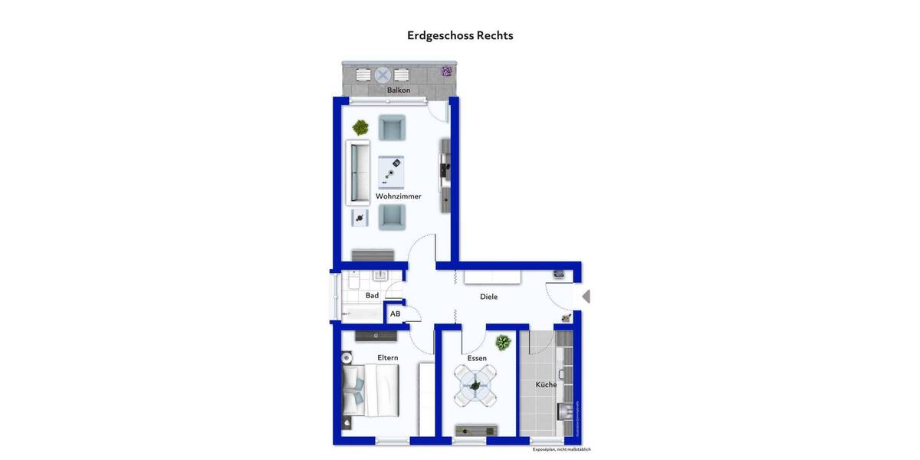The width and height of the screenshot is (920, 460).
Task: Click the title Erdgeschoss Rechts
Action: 460,35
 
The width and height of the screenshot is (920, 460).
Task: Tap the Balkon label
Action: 398,90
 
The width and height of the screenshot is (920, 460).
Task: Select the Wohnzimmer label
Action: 398,196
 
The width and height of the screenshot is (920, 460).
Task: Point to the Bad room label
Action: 372,295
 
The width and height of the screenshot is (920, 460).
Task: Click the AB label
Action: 396,314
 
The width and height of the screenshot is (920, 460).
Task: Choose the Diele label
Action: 488,297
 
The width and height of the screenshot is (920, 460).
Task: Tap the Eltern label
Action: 387,357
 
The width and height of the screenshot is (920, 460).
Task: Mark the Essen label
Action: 477,358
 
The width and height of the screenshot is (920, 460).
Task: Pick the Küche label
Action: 546,385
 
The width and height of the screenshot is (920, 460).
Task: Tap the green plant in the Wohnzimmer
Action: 360,127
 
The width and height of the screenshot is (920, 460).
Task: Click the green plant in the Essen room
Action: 503,342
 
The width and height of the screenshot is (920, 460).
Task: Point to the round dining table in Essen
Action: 475,386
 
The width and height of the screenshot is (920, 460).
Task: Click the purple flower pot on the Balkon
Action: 446,72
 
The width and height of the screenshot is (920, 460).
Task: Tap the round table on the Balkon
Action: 382,74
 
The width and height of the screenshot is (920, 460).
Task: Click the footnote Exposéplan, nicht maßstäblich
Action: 562,449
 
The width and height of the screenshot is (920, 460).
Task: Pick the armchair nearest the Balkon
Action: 392,128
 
